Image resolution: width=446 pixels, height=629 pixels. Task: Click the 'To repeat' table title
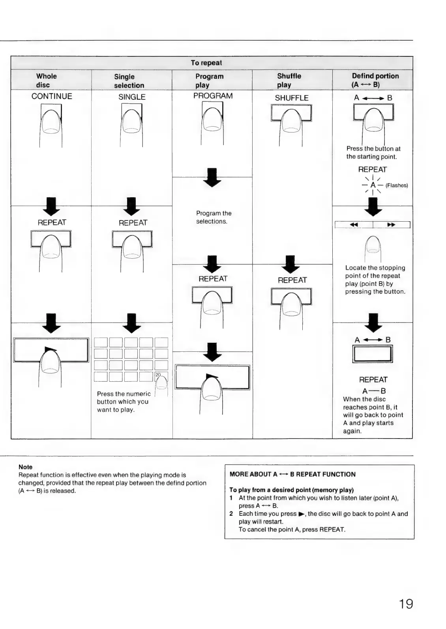pos(206,63)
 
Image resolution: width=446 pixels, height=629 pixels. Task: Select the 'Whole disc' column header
pos(46,80)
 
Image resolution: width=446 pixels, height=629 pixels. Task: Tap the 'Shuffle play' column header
pos(289,80)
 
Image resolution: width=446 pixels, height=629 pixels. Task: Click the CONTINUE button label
pos(52,96)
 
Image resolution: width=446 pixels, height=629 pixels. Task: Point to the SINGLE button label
pos(132,97)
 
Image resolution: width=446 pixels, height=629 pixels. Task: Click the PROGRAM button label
pos(213,96)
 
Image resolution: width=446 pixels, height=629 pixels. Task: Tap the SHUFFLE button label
pos(292,98)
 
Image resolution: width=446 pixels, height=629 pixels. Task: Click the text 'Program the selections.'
pos(214,217)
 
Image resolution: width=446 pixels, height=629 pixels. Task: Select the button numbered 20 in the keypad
pos(161,376)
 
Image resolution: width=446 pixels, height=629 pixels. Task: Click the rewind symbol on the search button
pos(354,225)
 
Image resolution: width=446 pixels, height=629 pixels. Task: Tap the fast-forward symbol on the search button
pos(391,225)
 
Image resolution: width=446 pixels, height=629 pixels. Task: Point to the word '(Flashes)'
pos(397,185)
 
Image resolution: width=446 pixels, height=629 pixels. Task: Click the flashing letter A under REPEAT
pos(373,185)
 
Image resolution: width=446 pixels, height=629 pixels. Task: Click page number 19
pos(406,604)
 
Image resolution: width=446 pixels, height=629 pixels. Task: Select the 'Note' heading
pos(25,467)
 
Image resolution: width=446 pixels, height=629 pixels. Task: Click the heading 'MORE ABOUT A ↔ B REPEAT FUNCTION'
pos(292,474)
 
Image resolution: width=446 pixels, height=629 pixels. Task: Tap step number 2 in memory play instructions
pos(231,514)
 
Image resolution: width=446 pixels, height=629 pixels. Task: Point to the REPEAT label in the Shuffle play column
pos(292,280)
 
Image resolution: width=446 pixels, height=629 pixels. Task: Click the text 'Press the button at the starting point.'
pos(373,153)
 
